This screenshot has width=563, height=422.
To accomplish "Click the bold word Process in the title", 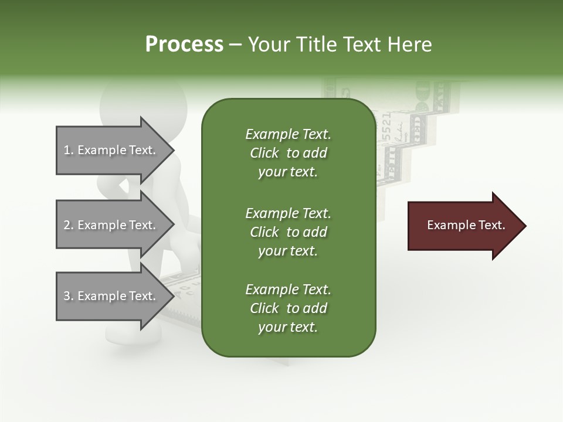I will click(x=184, y=44).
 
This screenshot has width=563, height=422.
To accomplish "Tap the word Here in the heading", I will click(x=410, y=44).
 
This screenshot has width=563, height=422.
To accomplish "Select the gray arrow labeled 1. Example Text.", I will click(x=111, y=150).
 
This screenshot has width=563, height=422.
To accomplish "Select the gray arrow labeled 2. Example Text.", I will click(x=111, y=225).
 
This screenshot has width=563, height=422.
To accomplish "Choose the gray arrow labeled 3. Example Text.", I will click(x=111, y=296).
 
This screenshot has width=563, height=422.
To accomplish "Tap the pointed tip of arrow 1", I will click(x=172, y=150).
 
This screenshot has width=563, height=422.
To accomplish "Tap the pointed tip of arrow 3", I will click(x=172, y=296).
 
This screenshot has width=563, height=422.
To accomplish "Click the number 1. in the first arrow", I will click(x=69, y=150).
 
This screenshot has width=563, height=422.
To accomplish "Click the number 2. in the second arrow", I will click(x=69, y=225).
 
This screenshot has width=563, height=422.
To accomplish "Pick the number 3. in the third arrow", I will click(x=69, y=296).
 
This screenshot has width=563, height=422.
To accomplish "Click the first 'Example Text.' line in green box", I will click(x=288, y=134).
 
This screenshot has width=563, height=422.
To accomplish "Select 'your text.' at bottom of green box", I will click(x=288, y=327).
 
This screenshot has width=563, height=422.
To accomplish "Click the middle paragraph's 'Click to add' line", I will click(x=288, y=232).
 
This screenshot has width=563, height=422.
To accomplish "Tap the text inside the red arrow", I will click(x=466, y=225).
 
